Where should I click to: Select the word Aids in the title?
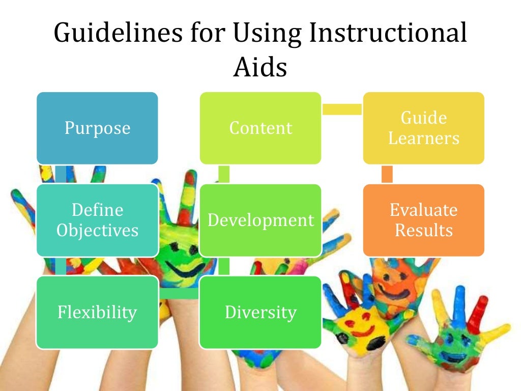tap(260, 67)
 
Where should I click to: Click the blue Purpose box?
tap(97, 128)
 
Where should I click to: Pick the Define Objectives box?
tap(97, 220)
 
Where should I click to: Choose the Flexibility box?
tap(97, 312)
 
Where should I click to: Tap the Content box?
tap(260, 128)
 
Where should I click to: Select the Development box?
tap(260, 220)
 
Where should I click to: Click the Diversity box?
tap(260, 312)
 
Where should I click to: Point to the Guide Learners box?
tap(423, 128)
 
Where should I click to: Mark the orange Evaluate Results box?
tap(423, 220)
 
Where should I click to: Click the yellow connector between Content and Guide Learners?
tap(342, 108)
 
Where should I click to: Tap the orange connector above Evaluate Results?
tap(387, 174)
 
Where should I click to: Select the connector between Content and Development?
tap(223, 174)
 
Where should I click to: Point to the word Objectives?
tap(97, 231)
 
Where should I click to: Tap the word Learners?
tap(423, 138)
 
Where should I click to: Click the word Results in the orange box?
tap(423, 230)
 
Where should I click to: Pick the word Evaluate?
tap(423, 210)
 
